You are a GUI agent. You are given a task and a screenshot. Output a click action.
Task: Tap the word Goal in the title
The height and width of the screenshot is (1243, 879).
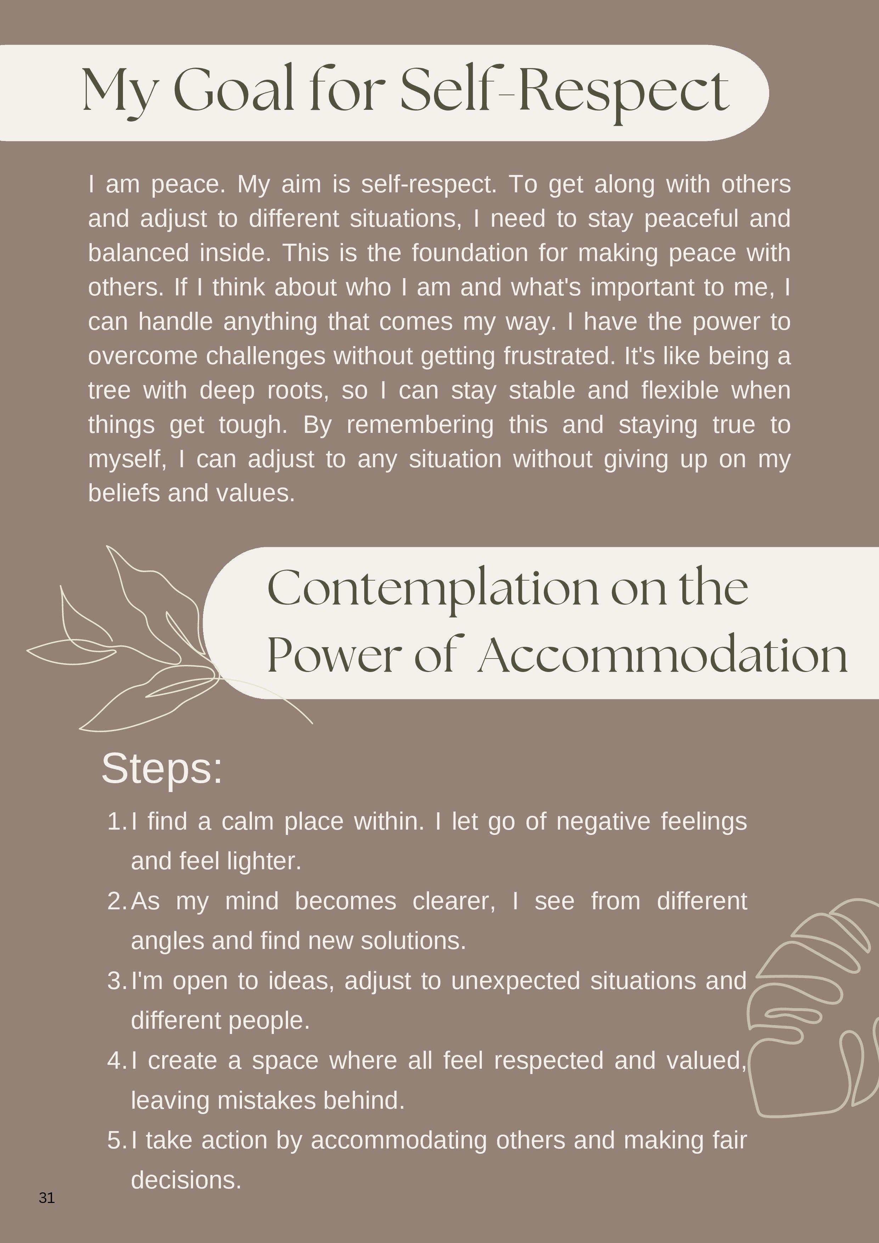(x=233, y=90)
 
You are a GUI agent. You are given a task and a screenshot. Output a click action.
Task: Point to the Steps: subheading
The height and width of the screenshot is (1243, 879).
(x=162, y=768)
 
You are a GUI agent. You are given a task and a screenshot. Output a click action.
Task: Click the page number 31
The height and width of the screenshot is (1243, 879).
(x=46, y=1198)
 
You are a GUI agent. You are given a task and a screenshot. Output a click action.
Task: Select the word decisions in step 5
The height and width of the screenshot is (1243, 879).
(x=186, y=1180)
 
